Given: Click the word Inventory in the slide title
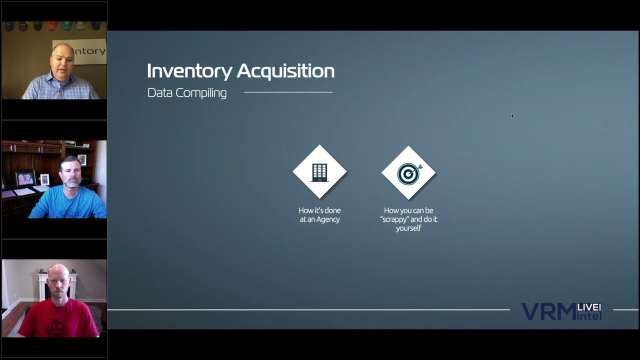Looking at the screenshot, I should [189, 71].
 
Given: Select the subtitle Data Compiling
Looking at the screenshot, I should [187, 93].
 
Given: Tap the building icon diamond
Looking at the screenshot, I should [319, 172].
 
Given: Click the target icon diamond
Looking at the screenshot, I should [408, 173].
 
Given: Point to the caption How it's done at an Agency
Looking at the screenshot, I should [319, 215].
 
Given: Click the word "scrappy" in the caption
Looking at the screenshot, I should [394, 219].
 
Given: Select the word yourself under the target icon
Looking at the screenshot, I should [408, 228].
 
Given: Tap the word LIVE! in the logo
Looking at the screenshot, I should [589, 307].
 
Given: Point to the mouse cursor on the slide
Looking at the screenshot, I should [512, 116].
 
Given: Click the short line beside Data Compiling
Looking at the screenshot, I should [288, 92].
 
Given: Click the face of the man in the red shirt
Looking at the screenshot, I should [58, 283].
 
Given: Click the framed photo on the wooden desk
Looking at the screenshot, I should [25, 178].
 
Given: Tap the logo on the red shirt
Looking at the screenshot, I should [54, 327].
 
